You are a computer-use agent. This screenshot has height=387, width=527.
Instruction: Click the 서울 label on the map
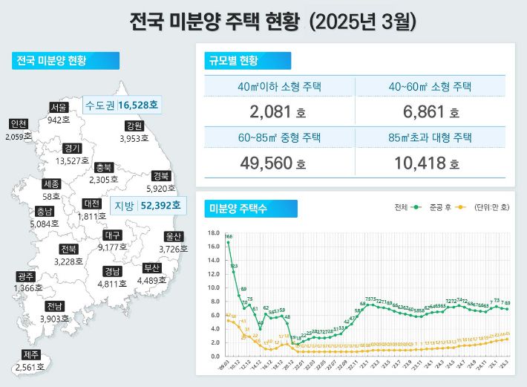pyautogui.click(x=59, y=107)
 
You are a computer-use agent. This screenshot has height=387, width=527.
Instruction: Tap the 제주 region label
pyautogui.click(x=31, y=354)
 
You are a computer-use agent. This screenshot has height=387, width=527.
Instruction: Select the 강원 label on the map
pyautogui.click(x=134, y=126)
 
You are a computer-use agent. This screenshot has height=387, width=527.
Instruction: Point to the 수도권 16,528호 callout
pyautogui.click(x=122, y=105)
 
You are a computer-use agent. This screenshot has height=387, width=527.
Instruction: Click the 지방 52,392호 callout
pyautogui.click(x=145, y=205)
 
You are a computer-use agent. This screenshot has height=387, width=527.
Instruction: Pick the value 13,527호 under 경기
pyautogui.click(x=72, y=160)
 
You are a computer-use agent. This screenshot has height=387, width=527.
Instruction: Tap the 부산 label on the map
pyautogui.click(x=152, y=267)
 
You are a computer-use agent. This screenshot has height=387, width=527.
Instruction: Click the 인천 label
pyautogui.click(x=19, y=123)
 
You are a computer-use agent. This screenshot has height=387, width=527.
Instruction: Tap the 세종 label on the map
pyautogui.click(x=52, y=183)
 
